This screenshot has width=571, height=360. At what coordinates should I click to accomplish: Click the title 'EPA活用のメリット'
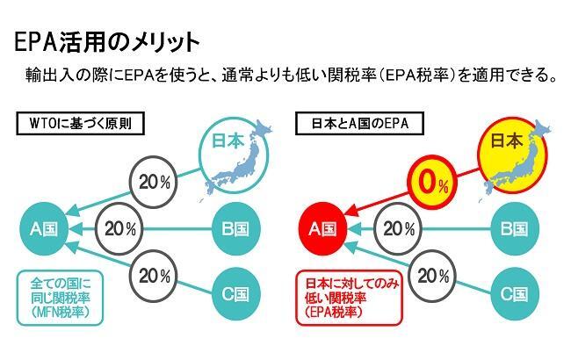(107, 43)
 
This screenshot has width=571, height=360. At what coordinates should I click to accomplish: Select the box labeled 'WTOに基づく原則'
(81, 124)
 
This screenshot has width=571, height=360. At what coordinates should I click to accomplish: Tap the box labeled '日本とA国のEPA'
(359, 124)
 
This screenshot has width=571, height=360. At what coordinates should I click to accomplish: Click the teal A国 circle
(44, 229)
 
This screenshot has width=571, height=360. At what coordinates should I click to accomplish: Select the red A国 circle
(322, 229)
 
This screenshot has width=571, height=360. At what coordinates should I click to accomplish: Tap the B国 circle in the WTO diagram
(236, 229)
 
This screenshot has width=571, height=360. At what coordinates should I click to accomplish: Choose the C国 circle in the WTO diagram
(236, 294)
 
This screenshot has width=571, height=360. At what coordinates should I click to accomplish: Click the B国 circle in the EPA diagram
(515, 229)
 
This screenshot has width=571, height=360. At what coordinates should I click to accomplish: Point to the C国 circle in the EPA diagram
(515, 294)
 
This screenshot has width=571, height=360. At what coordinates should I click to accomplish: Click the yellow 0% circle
(432, 182)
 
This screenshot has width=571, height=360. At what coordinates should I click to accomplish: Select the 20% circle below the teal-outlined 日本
(154, 182)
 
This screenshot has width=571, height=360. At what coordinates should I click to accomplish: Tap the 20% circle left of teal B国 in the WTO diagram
(119, 229)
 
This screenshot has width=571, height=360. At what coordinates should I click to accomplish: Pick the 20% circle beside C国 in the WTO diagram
(154, 276)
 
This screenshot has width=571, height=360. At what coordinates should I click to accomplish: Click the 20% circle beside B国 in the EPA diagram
(398, 229)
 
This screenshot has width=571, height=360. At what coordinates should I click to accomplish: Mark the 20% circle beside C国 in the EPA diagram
(432, 276)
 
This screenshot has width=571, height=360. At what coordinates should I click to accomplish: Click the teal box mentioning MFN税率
(61, 298)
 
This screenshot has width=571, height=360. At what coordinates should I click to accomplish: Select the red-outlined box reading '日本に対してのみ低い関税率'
(350, 298)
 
